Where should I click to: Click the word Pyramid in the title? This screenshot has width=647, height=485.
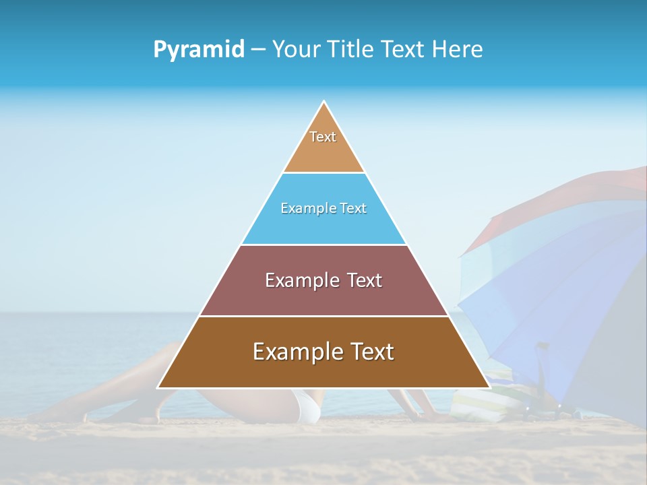pyautogui.click(x=198, y=50)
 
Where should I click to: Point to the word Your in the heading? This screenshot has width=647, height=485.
pyautogui.click(x=294, y=50)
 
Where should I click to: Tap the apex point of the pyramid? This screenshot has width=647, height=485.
pyautogui.click(x=324, y=102)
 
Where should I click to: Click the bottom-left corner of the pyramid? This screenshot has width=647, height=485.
pyautogui.click(x=159, y=387)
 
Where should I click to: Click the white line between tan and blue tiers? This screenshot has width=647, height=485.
pyautogui.click(x=323, y=173)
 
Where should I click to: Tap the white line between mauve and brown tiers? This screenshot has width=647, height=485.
pyautogui.click(x=323, y=316)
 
